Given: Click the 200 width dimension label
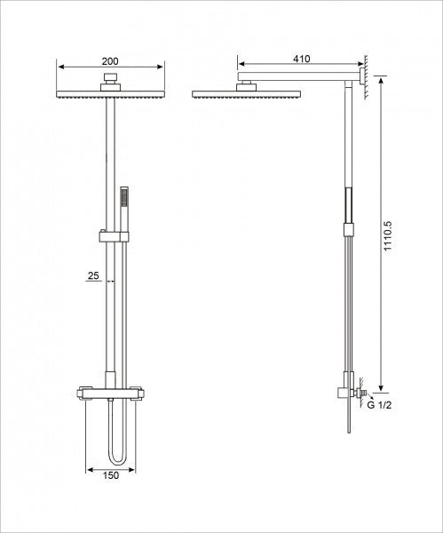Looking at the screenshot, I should point(110,60).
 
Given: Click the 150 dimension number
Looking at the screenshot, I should point(109,476).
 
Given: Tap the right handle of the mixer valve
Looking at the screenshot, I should point(138,391).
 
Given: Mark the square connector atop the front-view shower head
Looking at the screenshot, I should point(109,84).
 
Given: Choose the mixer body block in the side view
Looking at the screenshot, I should point(343,394).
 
